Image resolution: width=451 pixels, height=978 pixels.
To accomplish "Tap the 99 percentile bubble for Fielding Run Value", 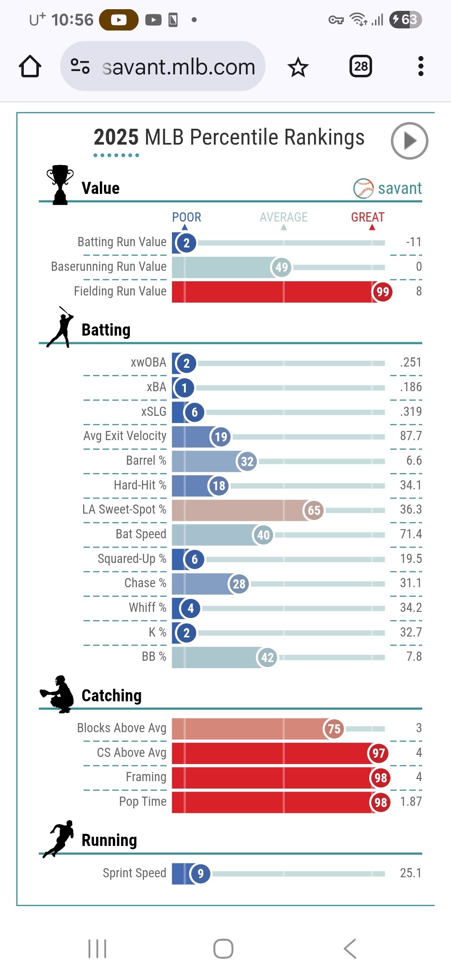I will click(x=382, y=292).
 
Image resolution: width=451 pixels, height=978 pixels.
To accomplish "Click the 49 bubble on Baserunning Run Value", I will click(x=282, y=267).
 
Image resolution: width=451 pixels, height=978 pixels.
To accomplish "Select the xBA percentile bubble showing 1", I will click(x=184, y=388).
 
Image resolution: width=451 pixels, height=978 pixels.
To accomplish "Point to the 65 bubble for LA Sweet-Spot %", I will click(x=314, y=510).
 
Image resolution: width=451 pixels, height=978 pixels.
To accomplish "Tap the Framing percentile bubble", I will click(x=380, y=778).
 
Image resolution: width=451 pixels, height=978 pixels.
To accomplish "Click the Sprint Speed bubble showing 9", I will click(x=200, y=874).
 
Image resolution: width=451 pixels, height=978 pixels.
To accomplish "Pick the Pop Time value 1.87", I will click(x=410, y=802).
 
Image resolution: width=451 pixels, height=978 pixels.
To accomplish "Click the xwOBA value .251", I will click(x=410, y=362).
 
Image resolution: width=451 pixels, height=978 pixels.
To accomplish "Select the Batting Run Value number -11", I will click(x=413, y=242).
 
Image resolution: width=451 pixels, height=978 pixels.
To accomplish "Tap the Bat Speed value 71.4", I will click(x=410, y=534).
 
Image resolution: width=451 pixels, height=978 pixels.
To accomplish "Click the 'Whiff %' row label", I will click(x=147, y=608).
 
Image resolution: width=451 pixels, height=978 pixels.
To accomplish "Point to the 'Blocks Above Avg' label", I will click(x=122, y=728).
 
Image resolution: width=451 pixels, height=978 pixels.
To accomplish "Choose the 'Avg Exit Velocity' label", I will click(x=125, y=436).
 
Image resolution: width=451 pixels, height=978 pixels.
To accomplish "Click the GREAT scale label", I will click(x=367, y=217).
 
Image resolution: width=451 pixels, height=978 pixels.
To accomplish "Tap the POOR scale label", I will click(x=187, y=217).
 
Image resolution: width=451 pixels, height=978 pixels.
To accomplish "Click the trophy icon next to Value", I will click(x=60, y=184).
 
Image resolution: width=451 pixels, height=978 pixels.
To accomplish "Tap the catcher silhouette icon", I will click(x=58, y=694).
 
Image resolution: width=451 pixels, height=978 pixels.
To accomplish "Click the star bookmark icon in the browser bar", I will click(x=298, y=67).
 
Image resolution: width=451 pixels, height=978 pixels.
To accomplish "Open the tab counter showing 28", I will click(x=361, y=66).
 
